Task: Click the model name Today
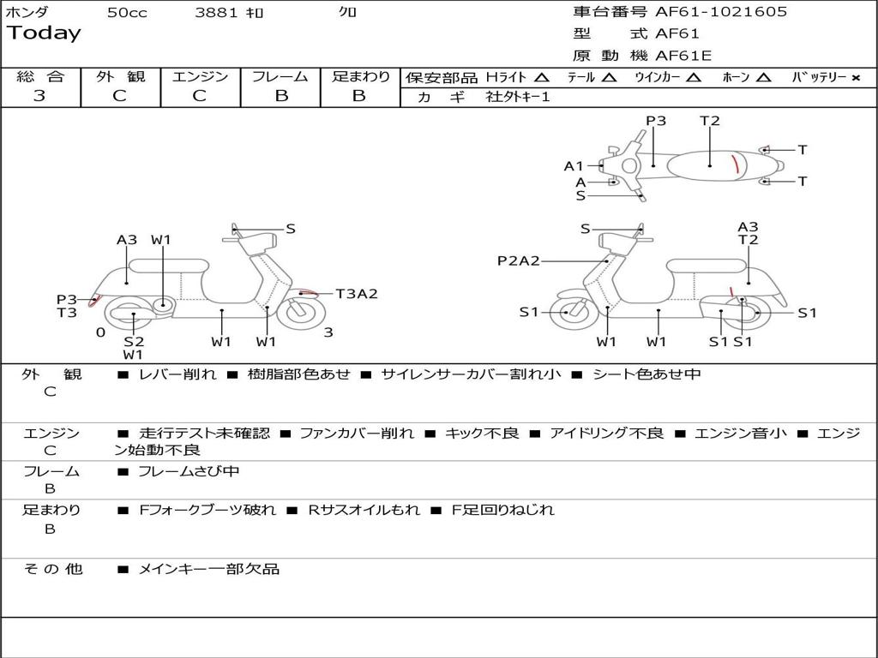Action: pos(44,33)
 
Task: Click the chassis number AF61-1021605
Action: pos(721,12)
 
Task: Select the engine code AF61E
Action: pos(683,56)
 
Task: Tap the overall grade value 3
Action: pos(39,96)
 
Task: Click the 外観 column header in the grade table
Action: pos(120,76)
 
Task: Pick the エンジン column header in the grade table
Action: pos(200,76)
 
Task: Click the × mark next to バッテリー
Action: pos(856,78)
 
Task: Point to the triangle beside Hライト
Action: pos(541,77)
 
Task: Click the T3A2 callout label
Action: pos(357,294)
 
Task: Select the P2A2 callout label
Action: pos(519,260)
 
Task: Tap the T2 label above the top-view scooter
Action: pos(709,121)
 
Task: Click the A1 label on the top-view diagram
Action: pos(574,166)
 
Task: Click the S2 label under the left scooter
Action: pos(134,341)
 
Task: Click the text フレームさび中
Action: pos(189,472)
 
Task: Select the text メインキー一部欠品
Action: pos(208,569)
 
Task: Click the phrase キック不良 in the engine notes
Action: pos(482,434)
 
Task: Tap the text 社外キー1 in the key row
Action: pos(518,97)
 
